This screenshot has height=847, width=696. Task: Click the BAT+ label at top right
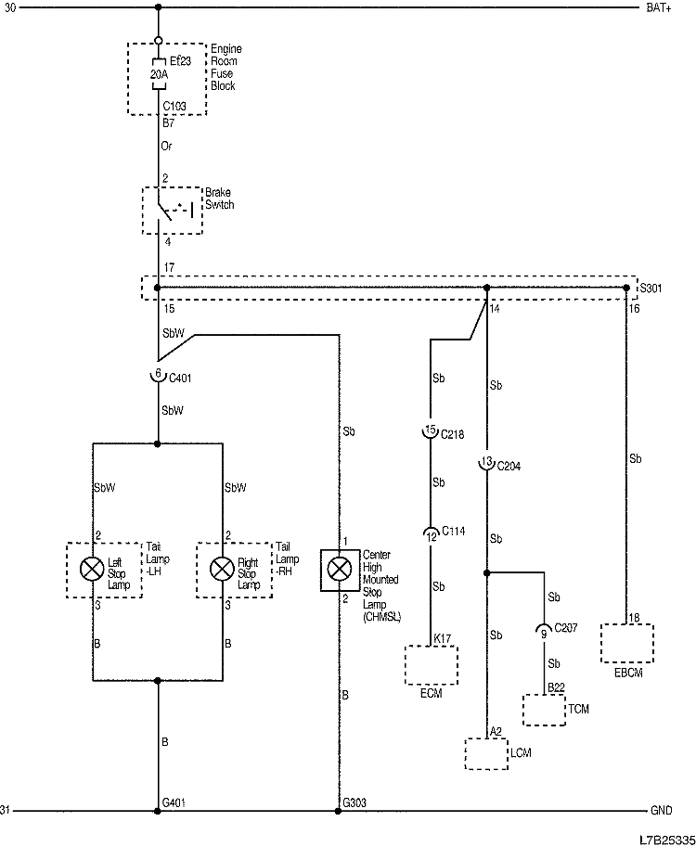[x=658, y=8]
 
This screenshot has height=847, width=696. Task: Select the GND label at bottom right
[x=661, y=810]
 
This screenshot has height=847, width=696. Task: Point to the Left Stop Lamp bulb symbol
[x=91, y=569]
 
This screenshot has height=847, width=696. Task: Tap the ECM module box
[x=432, y=665]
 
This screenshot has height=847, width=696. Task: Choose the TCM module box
[x=544, y=711]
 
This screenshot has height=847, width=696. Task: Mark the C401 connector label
[x=180, y=377]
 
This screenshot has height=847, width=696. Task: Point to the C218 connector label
[x=452, y=433]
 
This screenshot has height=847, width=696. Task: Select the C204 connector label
[x=509, y=466]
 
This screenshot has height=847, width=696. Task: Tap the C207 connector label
[x=564, y=628]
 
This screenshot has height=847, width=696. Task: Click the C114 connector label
[x=453, y=531]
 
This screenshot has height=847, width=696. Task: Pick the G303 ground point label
[x=354, y=802]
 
